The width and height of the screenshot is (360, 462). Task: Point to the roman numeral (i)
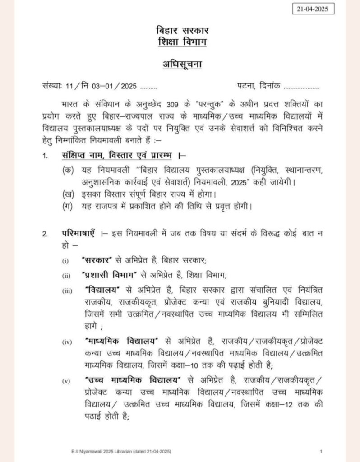(x=65, y=261)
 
